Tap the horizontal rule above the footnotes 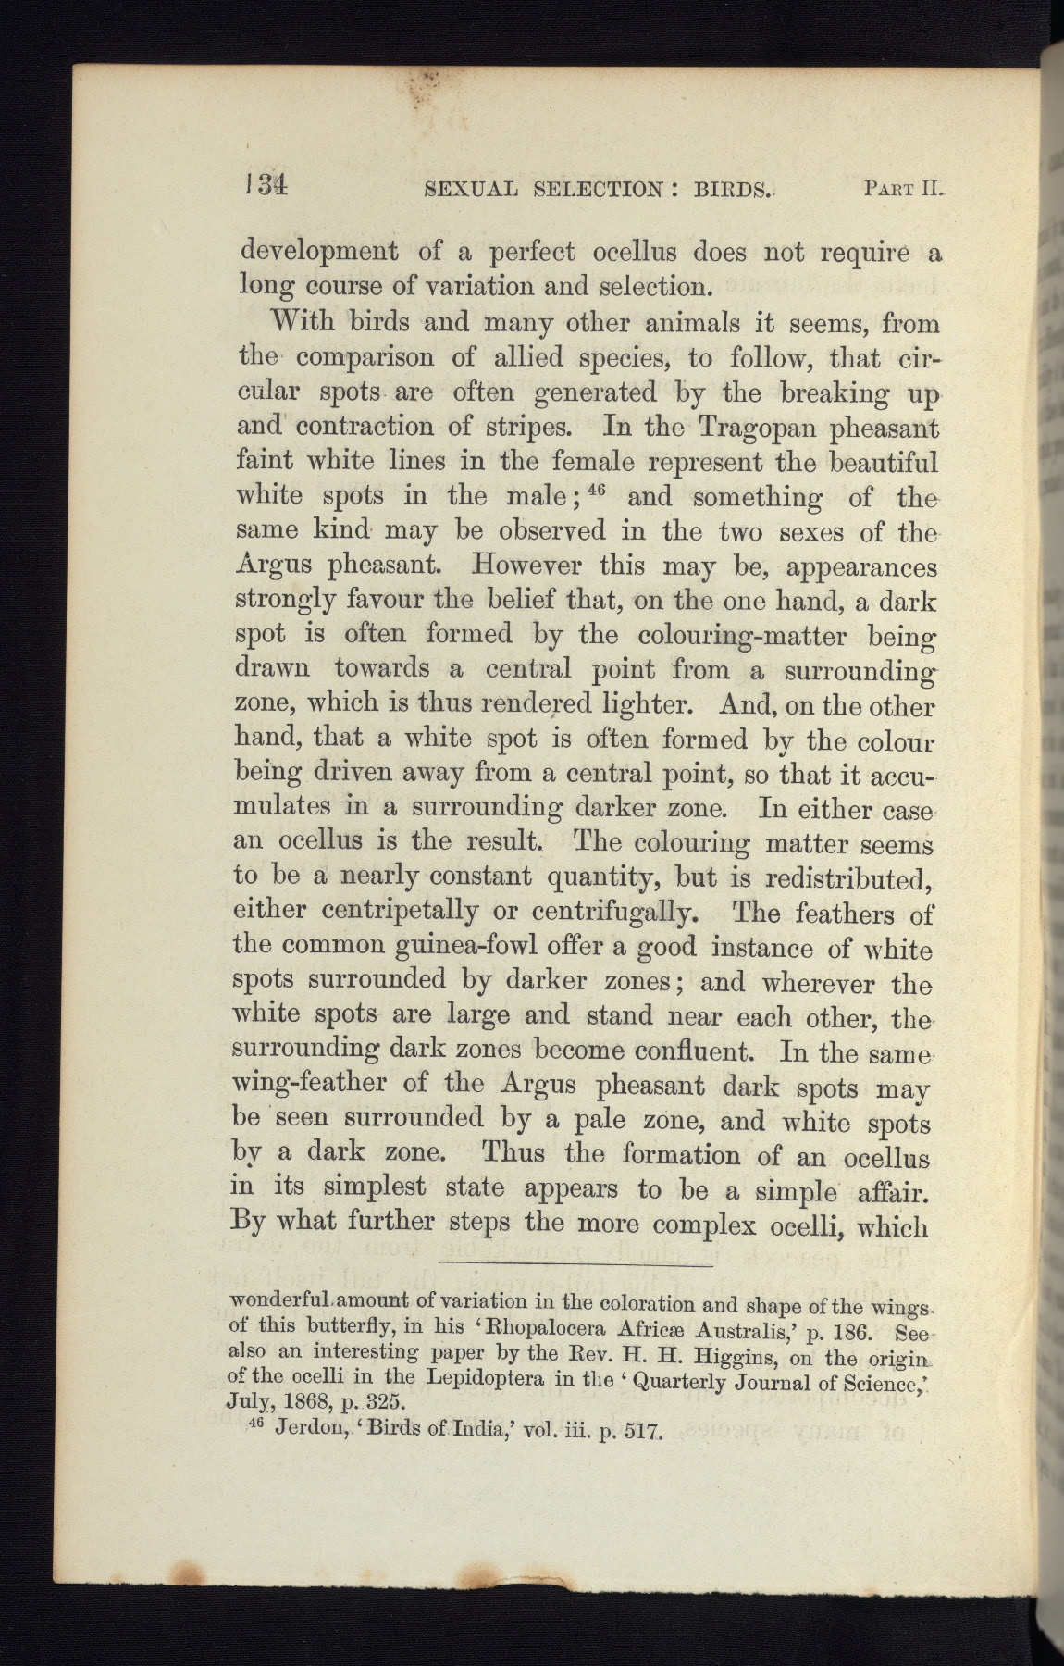pyautogui.click(x=574, y=1263)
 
